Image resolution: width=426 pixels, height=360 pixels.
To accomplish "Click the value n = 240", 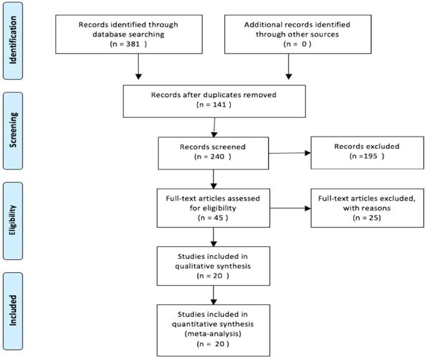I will pos(214,157).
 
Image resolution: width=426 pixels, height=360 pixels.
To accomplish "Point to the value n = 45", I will pos(214,219).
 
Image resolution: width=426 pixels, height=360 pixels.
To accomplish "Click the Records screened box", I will pos(214,151).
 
